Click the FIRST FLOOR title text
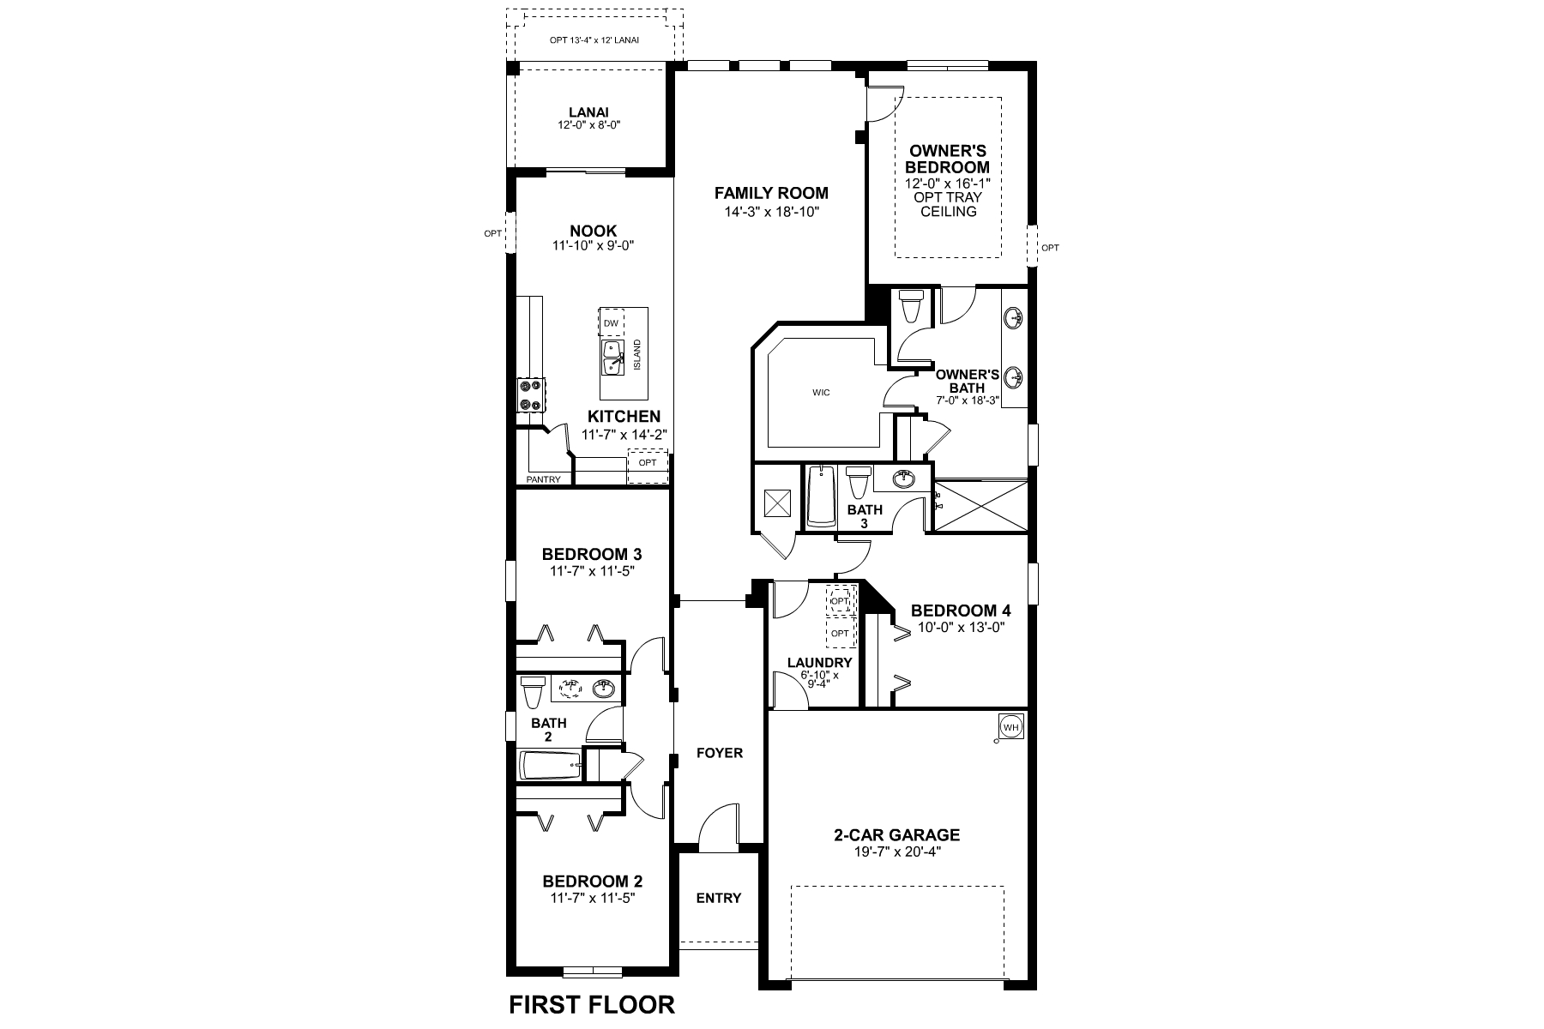(591, 1004)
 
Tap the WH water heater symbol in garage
(1011, 727)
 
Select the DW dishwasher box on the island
(611, 323)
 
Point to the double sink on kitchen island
(613, 358)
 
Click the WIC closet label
(821, 393)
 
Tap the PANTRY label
(544, 479)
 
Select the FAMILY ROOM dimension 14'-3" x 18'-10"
(771, 211)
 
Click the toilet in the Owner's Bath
(909, 304)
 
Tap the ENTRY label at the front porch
(718, 898)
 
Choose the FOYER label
(719, 753)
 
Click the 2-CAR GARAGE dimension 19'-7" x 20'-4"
(896, 851)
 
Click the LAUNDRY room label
(819, 662)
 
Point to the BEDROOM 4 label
(960, 611)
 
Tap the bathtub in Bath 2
(550, 765)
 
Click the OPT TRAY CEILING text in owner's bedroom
(948, 204)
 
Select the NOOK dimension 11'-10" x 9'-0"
(593, 245)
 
